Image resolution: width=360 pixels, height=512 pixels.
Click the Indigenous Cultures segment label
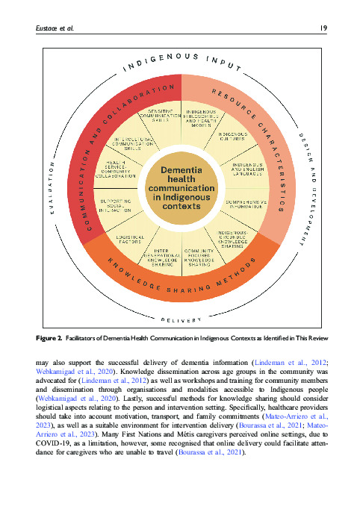(x=234, y=137)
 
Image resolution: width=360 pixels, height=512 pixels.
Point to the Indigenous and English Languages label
(x=246, y=170)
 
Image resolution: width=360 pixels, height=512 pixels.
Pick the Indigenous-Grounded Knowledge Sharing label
(x=234, y=238)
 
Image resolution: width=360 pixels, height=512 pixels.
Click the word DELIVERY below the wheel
(x=181, y=321)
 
